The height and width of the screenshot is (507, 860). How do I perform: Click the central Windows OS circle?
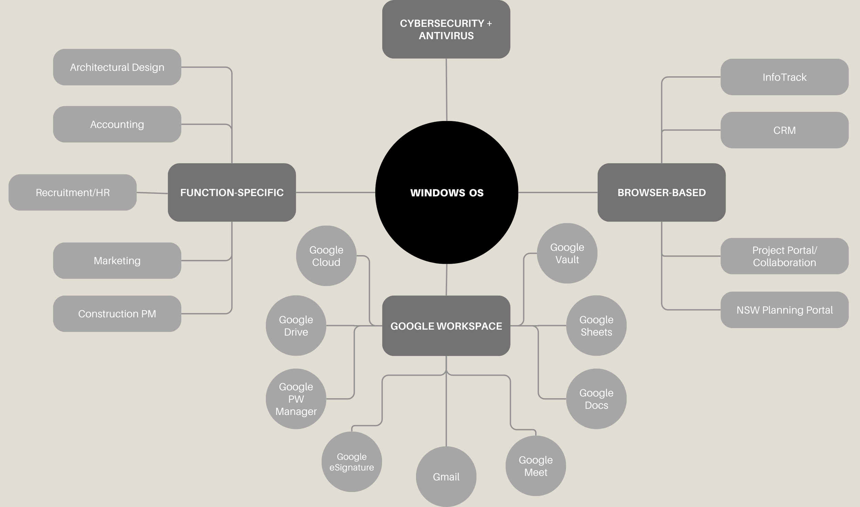tap(447, 193)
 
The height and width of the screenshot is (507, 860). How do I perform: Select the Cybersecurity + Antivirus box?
tap(446, 29)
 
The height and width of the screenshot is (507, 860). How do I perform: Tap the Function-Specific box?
tap(232, 192)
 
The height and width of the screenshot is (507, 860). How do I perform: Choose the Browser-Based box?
tap(662, 192)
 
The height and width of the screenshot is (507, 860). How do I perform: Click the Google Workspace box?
tap(446, 326)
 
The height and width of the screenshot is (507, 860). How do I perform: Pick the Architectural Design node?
tap(117, 67)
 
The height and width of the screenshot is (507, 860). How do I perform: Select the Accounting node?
tap(117, 124)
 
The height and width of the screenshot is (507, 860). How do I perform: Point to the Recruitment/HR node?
tap(73, 192)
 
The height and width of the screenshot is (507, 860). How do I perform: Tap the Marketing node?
tap(117, 260)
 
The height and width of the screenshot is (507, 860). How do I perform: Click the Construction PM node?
tap(117, 313)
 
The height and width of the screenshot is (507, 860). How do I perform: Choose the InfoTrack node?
tap(784, 77)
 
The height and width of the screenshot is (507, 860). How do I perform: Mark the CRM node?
tap(784, 130)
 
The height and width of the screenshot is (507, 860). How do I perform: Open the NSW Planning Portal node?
tap(784, 310)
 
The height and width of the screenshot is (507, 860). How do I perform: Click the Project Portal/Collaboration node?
tap(784, 256)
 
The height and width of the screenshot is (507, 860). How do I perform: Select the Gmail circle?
tap(446, 476)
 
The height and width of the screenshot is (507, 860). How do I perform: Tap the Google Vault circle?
tap(567, 253)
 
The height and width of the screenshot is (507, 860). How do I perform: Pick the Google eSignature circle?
tap(352, 462)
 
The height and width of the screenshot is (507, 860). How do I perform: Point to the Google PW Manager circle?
tap(296, 399)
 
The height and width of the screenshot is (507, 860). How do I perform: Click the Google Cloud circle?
tap(326, 256)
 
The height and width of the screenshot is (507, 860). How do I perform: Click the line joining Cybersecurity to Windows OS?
tap(447, 89)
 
